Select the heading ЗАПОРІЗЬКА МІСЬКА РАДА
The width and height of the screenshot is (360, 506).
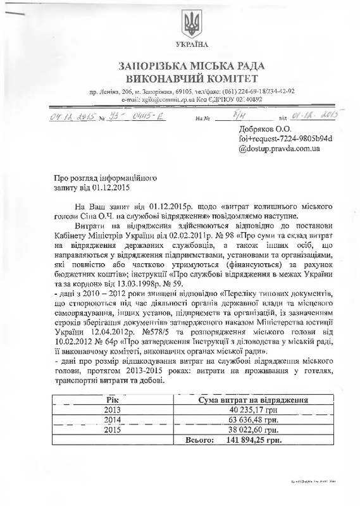point(191,66)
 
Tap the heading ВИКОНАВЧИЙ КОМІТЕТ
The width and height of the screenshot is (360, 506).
point(191,78)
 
